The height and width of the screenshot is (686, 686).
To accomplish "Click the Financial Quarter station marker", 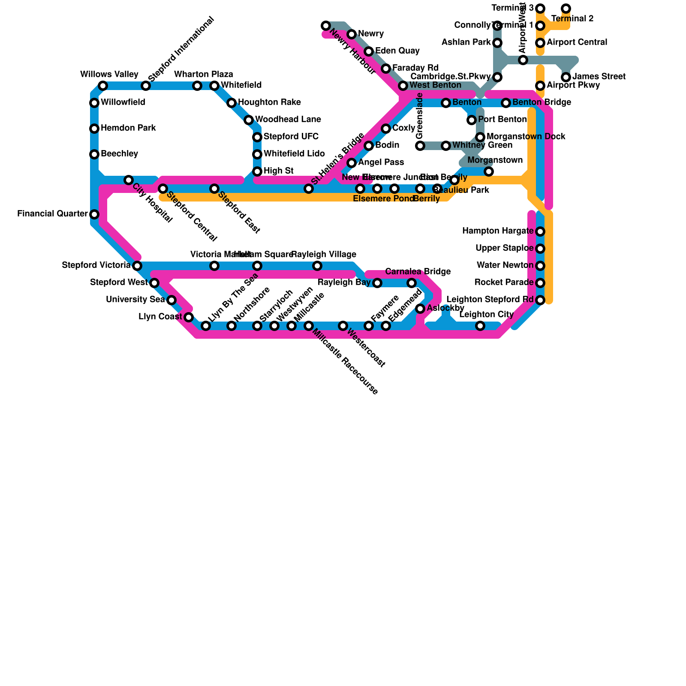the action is coord(94,214).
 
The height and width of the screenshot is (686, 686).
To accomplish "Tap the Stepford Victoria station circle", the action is coord(137,266).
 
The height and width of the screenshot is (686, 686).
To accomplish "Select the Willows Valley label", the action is coord(109,75).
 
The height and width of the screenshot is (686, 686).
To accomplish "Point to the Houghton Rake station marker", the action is coord(232,103).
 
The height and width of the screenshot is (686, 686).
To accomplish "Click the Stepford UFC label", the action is coord(291,137).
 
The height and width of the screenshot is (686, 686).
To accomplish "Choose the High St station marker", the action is coord(257,171).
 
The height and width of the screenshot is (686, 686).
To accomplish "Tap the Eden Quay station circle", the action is coord(369,51).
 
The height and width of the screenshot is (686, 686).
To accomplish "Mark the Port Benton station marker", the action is coord(472,120).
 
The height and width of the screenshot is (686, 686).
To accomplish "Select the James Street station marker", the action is coord(566,77).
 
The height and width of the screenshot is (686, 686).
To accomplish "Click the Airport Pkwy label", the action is coord(573,85).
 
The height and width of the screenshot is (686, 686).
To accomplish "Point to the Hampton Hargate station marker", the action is coord(540,232).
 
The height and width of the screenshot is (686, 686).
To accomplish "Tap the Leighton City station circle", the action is coord(480,326).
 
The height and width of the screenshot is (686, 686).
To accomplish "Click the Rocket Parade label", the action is coord(504,283).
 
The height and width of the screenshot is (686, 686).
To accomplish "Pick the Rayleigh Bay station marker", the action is coord(377,283).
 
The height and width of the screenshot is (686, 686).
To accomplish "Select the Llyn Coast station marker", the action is coord(189,317).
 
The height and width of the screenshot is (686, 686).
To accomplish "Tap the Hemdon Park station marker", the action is coord(94,129).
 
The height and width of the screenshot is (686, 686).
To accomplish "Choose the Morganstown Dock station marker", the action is coord(480,137).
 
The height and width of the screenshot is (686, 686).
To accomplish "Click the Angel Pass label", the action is coord(381,162).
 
